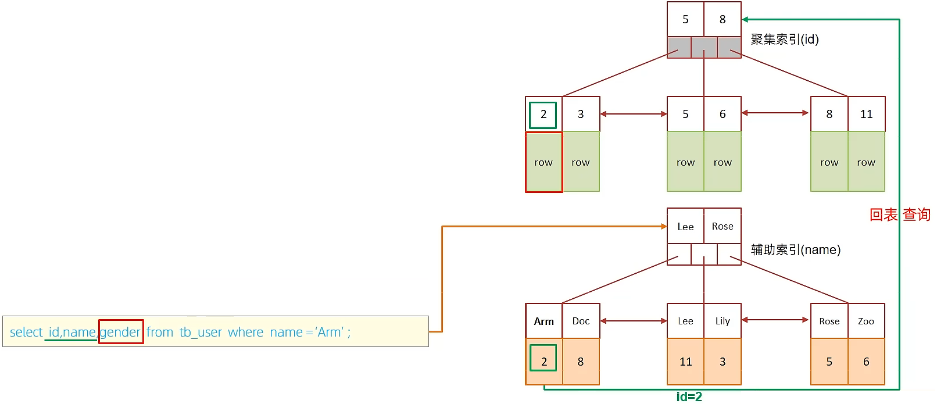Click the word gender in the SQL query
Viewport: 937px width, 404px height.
[120, 332]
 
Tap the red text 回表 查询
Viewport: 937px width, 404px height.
[900, 214]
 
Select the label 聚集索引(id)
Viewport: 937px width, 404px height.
[785, 40]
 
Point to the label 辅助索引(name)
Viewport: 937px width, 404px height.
[796, 250]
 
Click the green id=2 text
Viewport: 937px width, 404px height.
[689, 396]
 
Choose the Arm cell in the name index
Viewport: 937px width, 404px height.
[544, 321]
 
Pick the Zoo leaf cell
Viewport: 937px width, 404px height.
[866, 321]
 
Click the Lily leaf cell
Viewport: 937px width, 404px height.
[723, 321]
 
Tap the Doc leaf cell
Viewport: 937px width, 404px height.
[581, 321]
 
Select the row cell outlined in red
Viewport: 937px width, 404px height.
[544, 162]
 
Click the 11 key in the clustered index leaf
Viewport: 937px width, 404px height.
[866, 114]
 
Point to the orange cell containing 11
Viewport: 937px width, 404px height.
[685, 362]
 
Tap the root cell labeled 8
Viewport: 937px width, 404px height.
[723, 19]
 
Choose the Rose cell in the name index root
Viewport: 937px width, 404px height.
[723, 226]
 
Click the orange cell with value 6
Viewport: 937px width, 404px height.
[866, 362]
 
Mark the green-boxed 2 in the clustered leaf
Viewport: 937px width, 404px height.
[543, 114]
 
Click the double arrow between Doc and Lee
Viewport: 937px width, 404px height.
[634, 321]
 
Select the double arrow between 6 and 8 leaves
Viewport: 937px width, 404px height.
[775, 113]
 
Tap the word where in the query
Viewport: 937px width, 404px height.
[245, 332]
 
